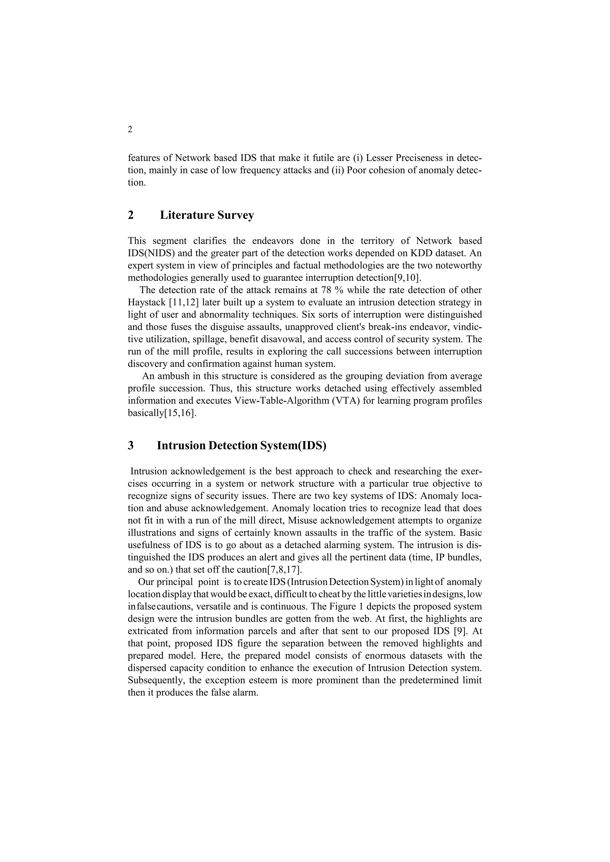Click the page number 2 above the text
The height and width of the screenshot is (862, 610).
130,130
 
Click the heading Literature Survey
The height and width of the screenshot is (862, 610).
207,215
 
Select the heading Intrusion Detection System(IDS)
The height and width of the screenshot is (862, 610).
242,446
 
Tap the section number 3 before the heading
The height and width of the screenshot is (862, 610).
131,446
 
